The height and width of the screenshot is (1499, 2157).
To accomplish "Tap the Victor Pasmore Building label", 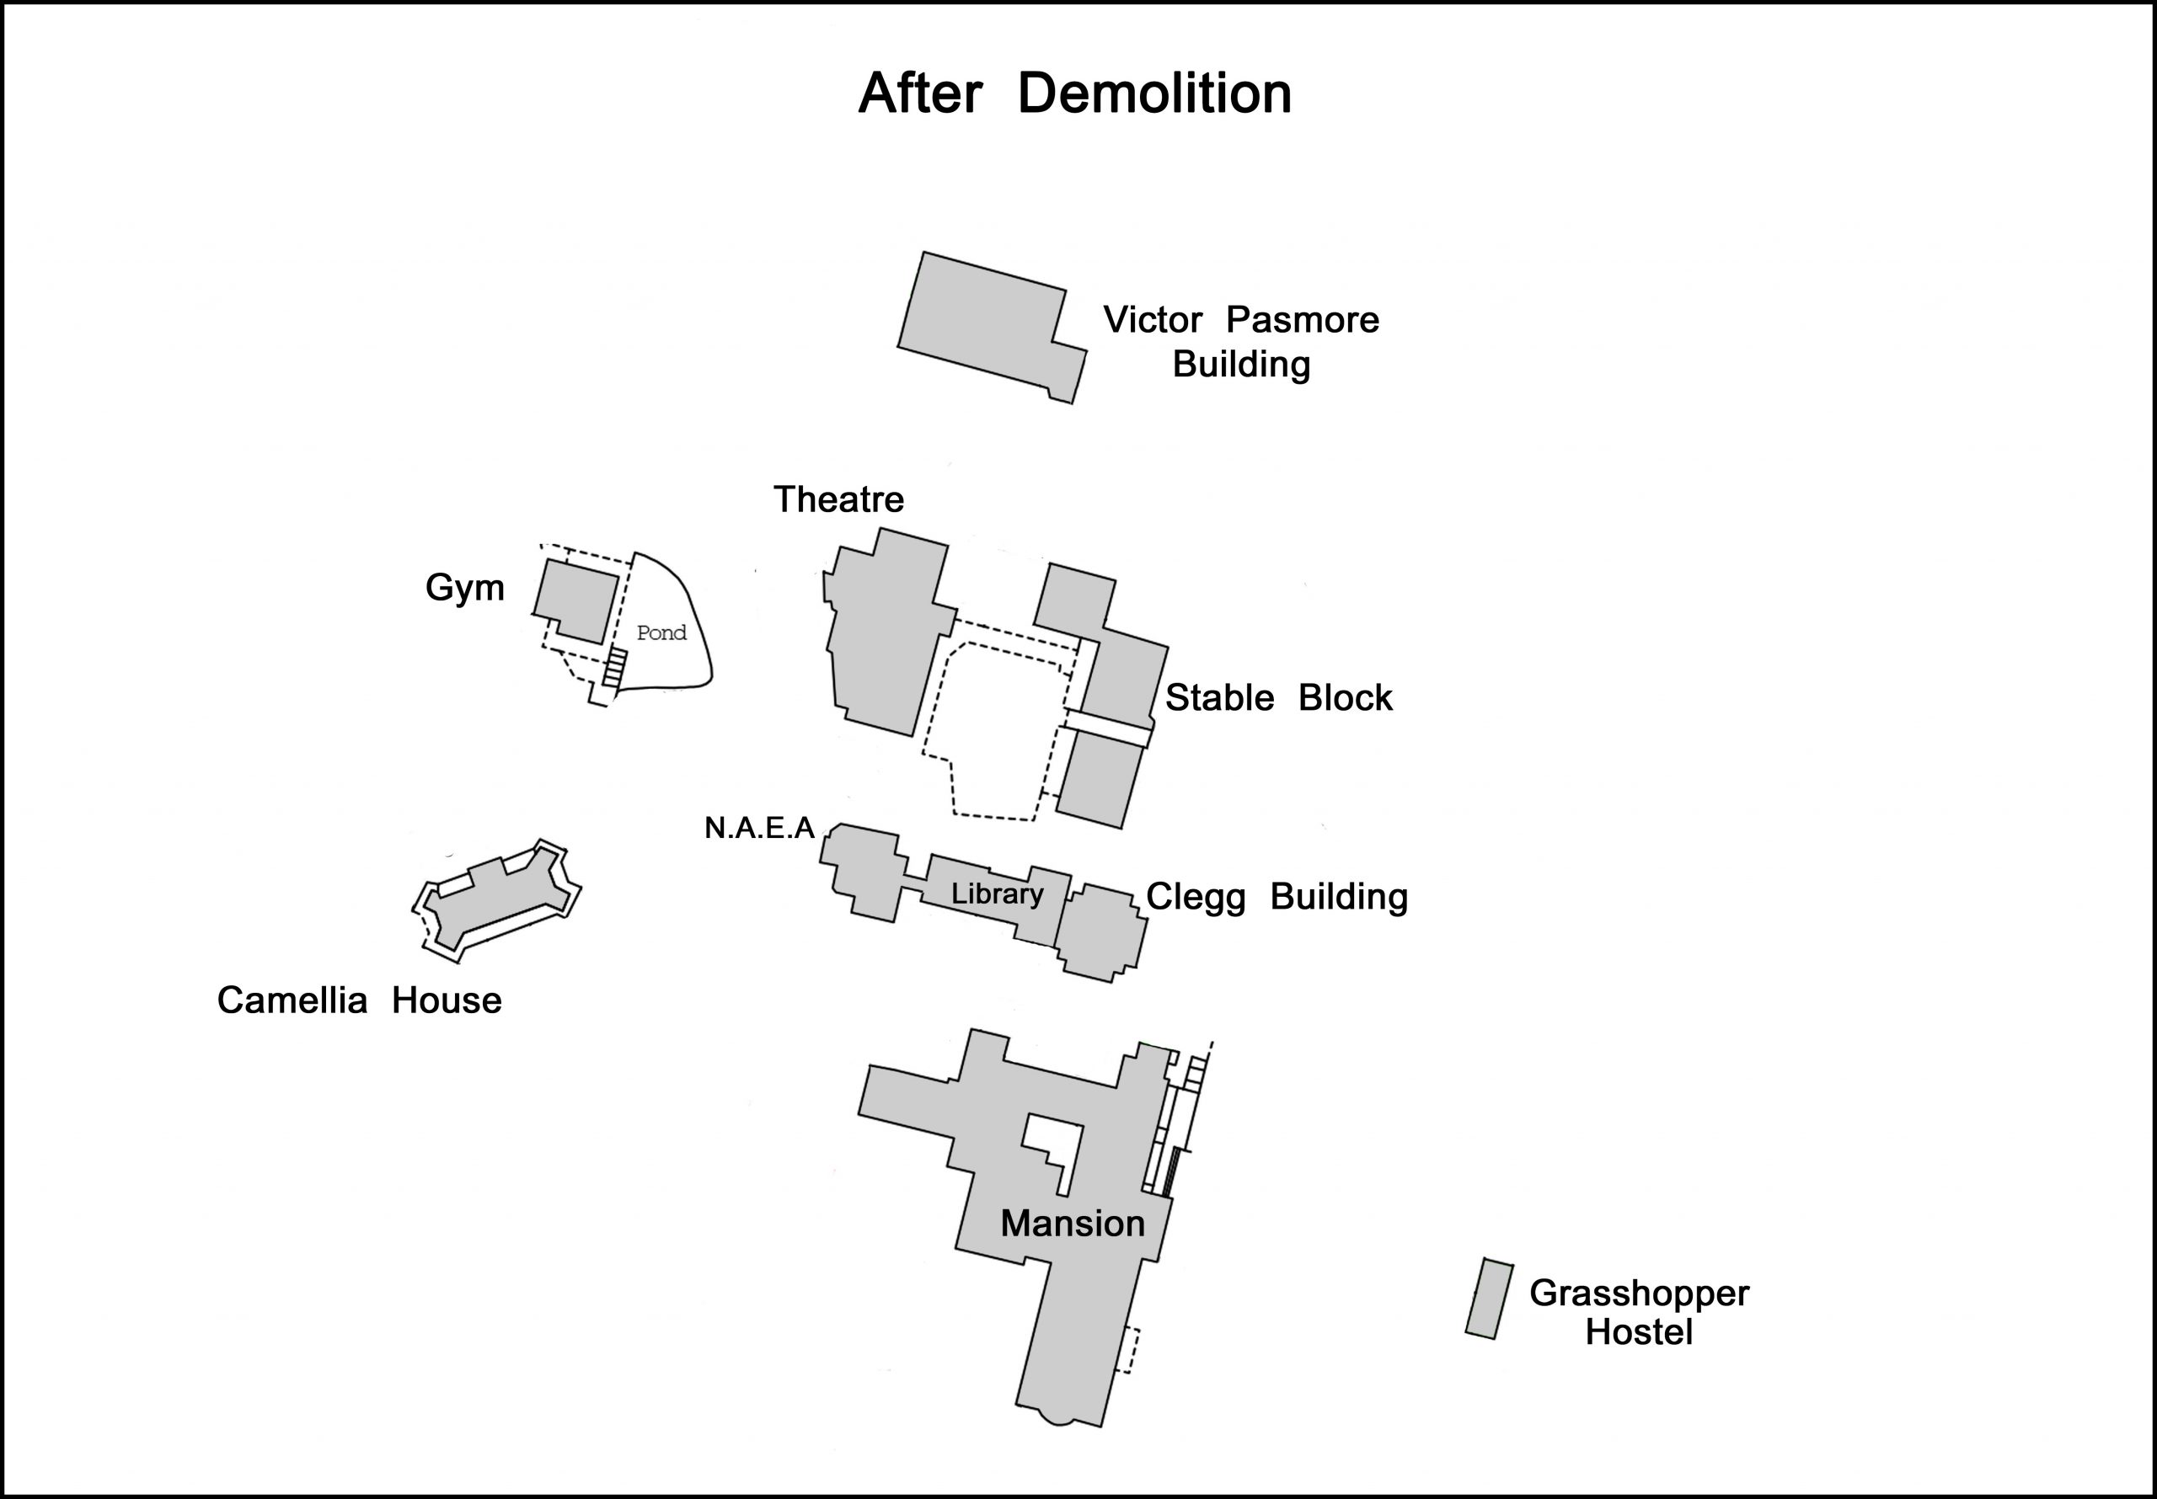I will pos(1240,342).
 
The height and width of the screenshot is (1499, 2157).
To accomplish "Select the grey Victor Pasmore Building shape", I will pos(982,324).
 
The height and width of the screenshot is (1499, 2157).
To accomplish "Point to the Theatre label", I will pos(838,499).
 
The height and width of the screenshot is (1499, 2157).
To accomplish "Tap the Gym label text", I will pos(464,588).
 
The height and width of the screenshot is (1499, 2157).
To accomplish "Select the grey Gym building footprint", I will pos(575,601).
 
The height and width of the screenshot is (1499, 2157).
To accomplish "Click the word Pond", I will pos(661,633).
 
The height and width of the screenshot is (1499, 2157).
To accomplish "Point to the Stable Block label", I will pos(1277,698).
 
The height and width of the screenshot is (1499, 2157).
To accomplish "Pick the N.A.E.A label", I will pos(759,828).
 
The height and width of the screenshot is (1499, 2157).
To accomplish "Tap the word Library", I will pos(997,894).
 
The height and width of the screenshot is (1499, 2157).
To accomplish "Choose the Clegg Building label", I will pos(1276,896).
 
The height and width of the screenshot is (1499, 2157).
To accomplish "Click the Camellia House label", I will pos(359,1000).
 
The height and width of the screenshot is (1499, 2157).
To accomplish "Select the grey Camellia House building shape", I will pos(498,902).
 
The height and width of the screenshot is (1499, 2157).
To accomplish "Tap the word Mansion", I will pos(1072,1223).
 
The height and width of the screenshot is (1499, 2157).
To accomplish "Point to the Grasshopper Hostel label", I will pos(1639,1312).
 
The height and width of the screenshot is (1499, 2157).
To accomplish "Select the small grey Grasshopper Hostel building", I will pos(1489,1299).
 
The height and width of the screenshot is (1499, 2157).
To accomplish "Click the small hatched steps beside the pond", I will pos(613,667).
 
